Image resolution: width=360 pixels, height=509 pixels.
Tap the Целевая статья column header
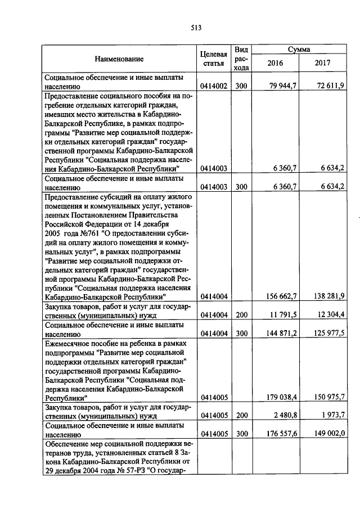(214, 58)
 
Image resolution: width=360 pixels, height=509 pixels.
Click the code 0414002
(214, 86)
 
